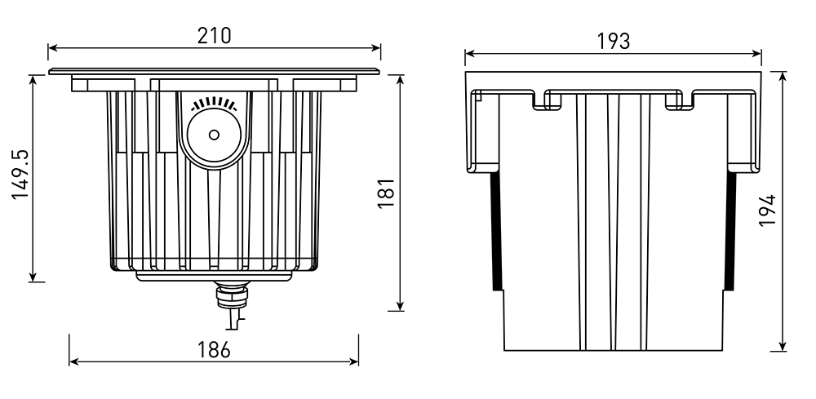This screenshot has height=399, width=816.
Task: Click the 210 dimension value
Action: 214,35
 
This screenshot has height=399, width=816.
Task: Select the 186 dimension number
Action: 214,349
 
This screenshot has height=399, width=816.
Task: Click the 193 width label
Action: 613,42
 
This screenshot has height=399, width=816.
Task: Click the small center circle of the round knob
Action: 214,135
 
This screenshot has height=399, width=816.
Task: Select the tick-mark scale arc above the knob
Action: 214,104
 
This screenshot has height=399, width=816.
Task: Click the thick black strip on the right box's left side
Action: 495,231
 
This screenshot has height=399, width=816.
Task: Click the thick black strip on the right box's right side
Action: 731,231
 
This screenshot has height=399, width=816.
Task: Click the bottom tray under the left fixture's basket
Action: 214,276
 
